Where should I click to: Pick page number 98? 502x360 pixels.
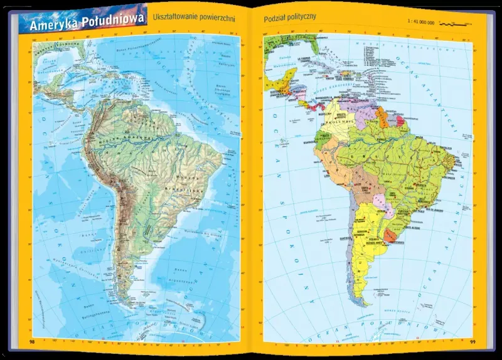tap(32, 342)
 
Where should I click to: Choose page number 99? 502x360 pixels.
tap(473, 342)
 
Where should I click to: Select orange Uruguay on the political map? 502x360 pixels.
tap(391, 236)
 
